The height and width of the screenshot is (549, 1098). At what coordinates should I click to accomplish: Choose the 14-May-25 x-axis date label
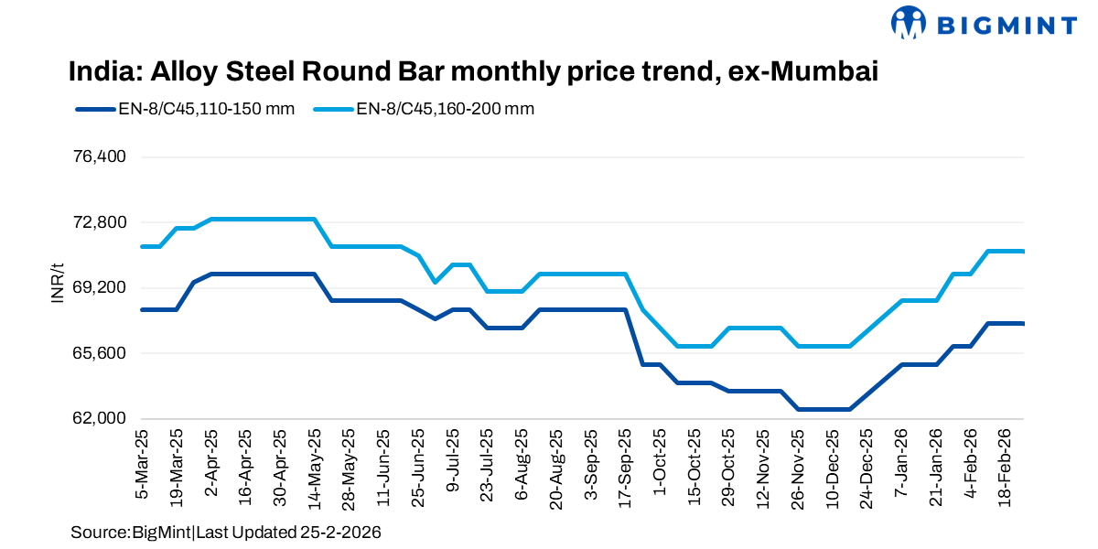click(315, 468)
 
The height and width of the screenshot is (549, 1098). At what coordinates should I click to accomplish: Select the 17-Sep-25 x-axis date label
click(626, 468)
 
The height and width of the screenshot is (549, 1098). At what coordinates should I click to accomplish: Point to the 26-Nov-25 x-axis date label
click(798, 468)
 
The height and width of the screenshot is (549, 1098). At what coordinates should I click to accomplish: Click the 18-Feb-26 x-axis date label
click(1006, 468)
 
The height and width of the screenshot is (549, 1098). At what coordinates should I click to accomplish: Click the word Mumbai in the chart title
click(830, 71)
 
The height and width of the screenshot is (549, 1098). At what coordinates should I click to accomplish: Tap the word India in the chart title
click(100, 71)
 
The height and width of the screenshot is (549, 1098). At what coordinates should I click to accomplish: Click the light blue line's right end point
click(1023, 252)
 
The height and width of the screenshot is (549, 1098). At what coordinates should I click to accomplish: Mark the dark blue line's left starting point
click(142, 310)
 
